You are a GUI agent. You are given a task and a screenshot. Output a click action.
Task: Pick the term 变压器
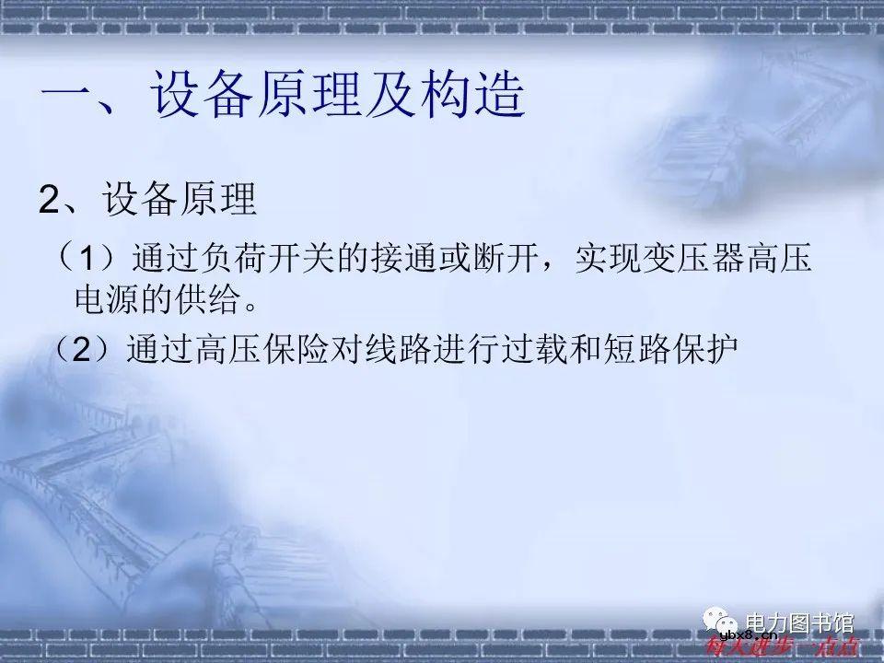pyautogui.click(x=701, y=259)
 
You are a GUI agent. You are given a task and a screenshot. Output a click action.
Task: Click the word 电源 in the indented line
pyautogui.click(x=103, y=298)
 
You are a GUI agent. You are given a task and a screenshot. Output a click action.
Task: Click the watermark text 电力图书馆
pyautogui.click(x=798, y=622)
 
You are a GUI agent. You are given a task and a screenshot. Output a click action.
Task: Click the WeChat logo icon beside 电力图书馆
pyautogui.click(x=717, y=622)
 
